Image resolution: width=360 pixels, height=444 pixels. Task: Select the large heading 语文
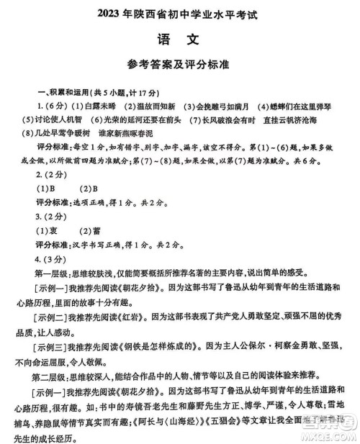(x=180, y=36)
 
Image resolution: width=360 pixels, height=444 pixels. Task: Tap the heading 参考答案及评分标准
(x=180, y=64)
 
